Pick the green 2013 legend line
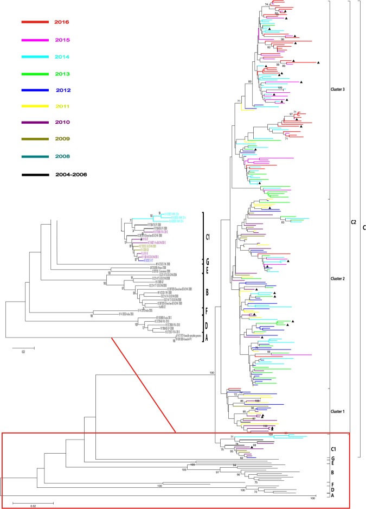point(35,74)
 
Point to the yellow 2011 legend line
point(35,107)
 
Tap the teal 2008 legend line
point(35,158)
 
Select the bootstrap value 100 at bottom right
point(312,498)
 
